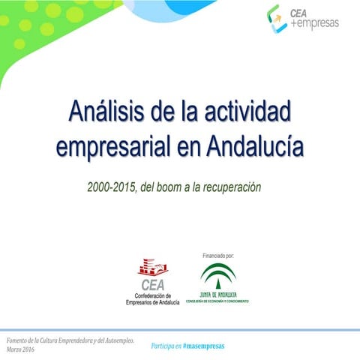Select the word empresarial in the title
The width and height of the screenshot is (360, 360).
pyautogui.click(x=111, y=145)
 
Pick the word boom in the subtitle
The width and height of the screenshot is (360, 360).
pyautogui.click(x=188, y=186)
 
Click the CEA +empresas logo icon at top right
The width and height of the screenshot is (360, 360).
pyautogui.click(x=277, y=19)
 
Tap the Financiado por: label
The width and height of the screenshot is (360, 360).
pyautogui.click(x=219, y=256)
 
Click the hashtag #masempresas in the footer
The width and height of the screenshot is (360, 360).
pyautogui.click(x=203, y=346)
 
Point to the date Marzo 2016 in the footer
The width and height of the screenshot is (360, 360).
pyautogui.click(x=19, y=350)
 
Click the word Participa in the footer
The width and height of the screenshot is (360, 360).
pyautogui.click(x=162, y=346)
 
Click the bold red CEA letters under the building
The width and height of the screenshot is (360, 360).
pyautogui.click(x=152, y=284)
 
